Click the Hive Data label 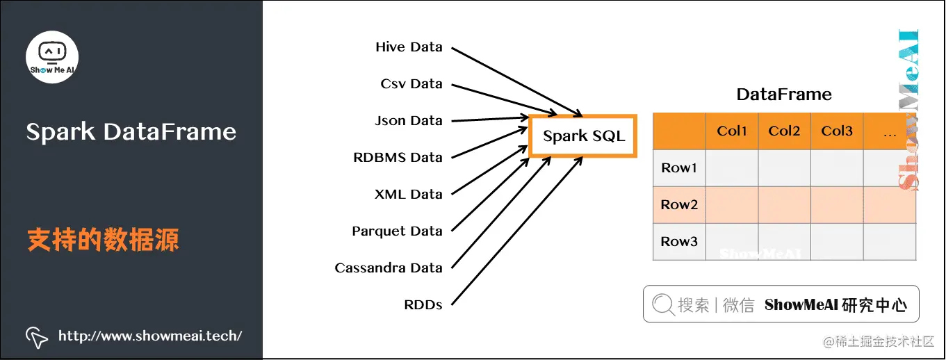pos(409,47)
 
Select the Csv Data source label pos(411,84)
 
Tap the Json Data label pos(409,121)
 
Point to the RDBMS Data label pos(398,158)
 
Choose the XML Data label pos(409,195)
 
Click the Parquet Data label pos(397,231)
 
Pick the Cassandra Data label pos(389,268)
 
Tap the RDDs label pos(423,305)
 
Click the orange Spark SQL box pos(584,136)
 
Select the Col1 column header pos(732,131)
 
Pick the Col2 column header pos(785,131)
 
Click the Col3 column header pos(837,131)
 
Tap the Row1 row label pos(679,168)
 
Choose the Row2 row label pos(679,205)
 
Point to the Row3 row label pos(679,242)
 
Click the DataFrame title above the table pos(784,95)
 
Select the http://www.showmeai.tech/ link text pos(150,336)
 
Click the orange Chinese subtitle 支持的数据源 pos(103,240)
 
